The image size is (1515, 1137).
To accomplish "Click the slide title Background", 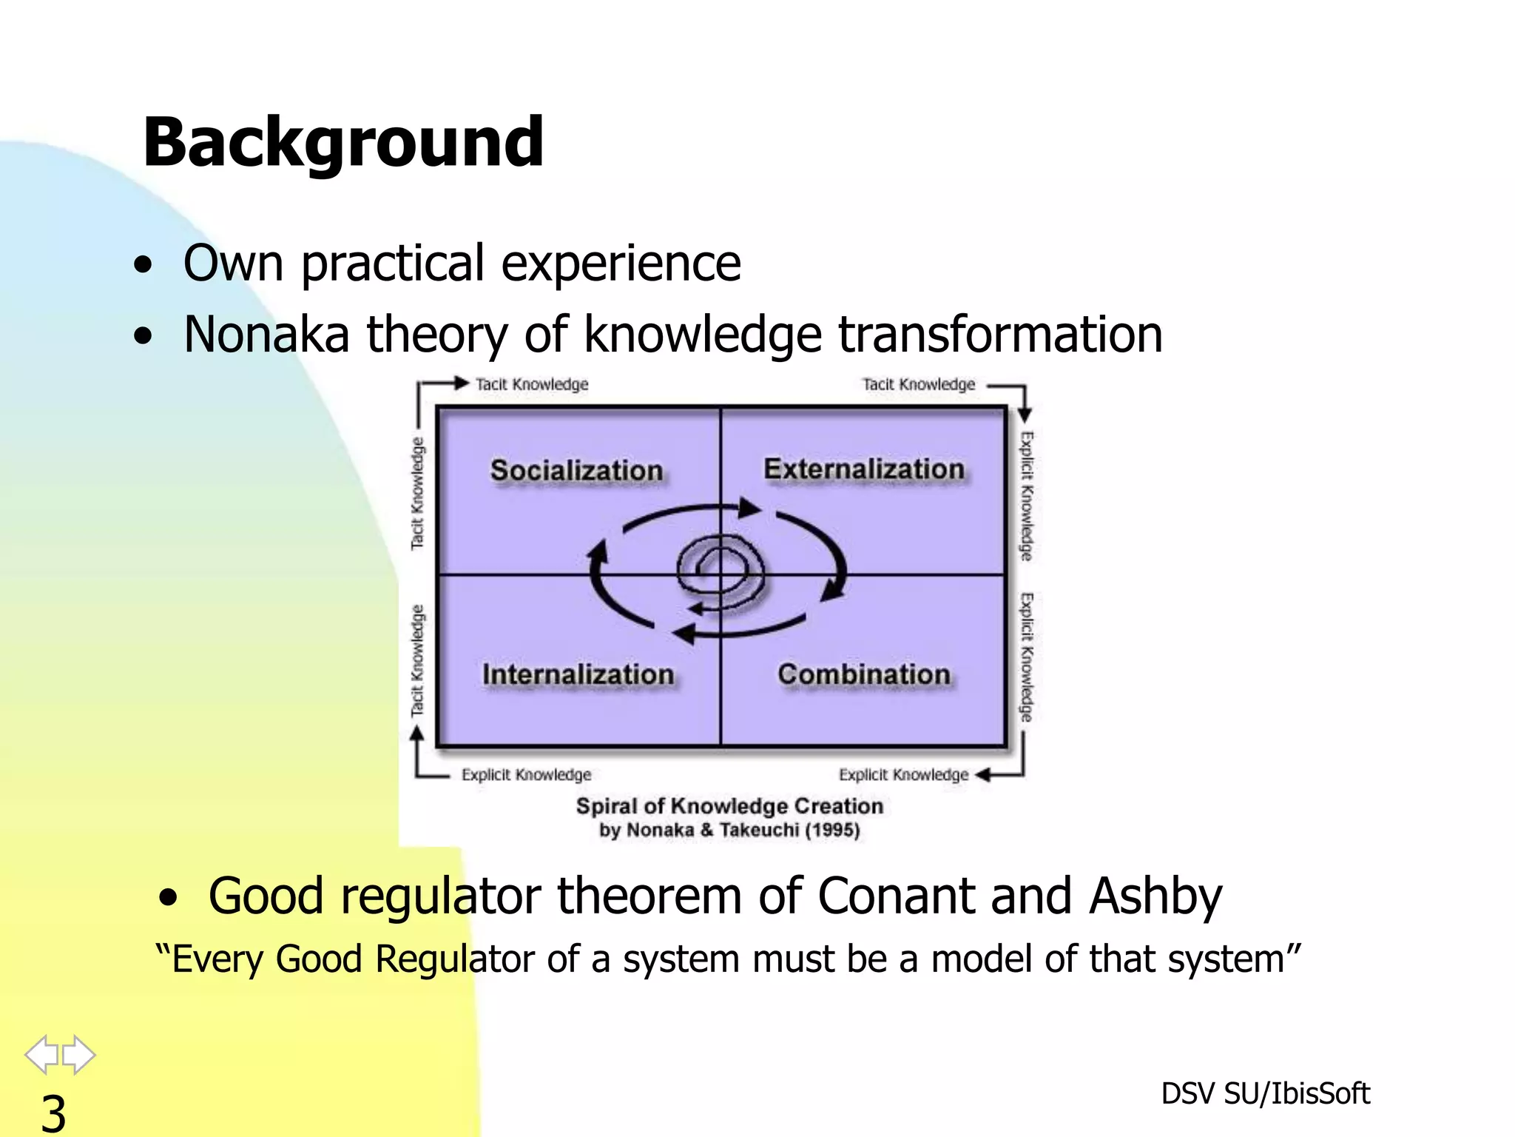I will coord(343,142).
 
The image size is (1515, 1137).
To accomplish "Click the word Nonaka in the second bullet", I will coord(266,335).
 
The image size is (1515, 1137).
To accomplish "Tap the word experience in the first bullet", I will coord(621,264).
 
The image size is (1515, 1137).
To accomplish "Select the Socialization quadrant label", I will coord(576,471).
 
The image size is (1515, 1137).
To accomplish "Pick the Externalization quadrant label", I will coord(863,469).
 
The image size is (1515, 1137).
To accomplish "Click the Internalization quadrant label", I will coord(578,674).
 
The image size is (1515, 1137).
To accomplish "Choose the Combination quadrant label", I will coord(863,674).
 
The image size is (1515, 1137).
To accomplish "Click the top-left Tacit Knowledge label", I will coord(531,384).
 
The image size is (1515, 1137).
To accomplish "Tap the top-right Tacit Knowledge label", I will coord(918,384).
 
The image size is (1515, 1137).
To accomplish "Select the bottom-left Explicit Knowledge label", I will coord(526,775).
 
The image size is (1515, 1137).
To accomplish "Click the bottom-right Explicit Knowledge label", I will coord(903,775).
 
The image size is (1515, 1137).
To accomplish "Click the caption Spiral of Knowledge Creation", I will coord(729,806).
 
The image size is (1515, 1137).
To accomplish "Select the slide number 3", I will coord(53,1113).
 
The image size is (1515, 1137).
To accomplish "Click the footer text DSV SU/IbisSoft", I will coord(1265,1093).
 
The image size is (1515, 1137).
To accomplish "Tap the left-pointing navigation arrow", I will coord(42,1054).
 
